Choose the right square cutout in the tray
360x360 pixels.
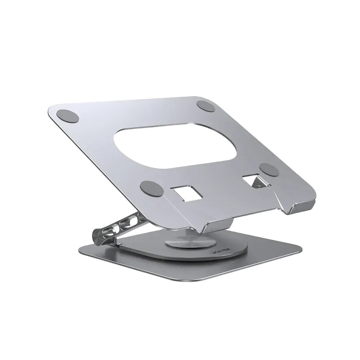(x=253, y=181)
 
